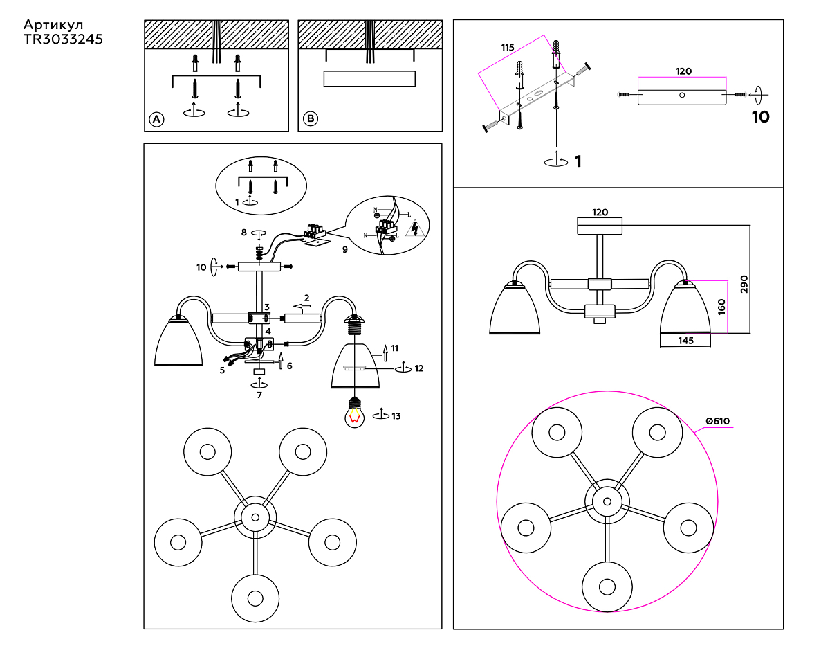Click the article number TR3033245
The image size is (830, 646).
63,39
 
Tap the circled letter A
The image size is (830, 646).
156,119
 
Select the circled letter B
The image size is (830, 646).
311,119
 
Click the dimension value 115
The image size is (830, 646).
508,48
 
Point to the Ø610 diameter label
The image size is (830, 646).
717,421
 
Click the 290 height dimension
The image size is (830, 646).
744,285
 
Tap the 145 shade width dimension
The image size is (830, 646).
685,340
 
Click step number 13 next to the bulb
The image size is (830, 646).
396,416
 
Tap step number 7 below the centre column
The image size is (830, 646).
259,395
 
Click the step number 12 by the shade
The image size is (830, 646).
418,368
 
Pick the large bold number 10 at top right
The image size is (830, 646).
760,117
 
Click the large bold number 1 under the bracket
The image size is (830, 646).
578,161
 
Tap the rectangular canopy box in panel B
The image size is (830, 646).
369,78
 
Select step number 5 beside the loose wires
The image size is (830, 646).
222,370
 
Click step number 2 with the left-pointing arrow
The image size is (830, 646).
306,298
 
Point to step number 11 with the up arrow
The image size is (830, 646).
394,348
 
